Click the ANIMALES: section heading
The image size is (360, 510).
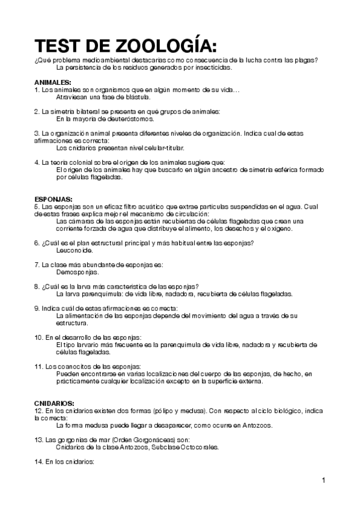click(53, 82)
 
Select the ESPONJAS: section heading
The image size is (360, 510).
click(53, 198)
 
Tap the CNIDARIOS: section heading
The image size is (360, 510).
click(55, 402)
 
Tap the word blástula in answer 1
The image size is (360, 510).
click(136, 96)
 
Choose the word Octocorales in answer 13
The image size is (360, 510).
click(198, 447)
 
